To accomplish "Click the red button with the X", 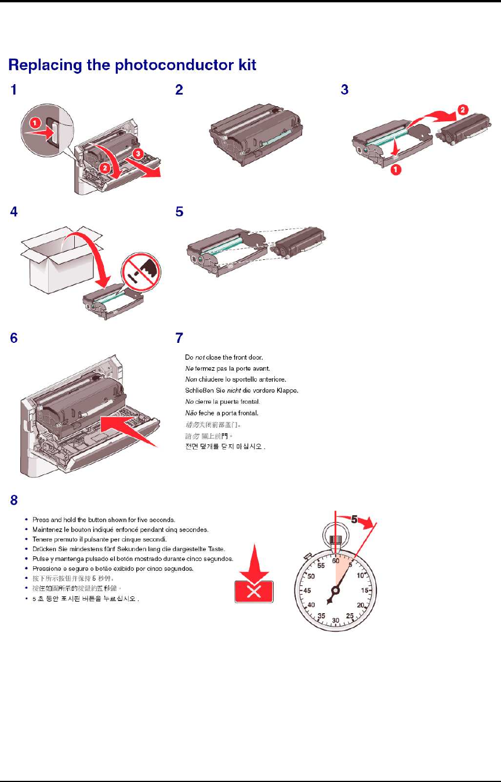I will coord(253,591).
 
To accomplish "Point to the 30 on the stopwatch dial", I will coord(335,621).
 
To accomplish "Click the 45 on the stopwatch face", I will coord(307,591).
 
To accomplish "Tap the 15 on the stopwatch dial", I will coord(365,591).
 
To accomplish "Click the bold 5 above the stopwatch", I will coord(353,520).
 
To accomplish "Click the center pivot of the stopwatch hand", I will coord(335,591).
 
